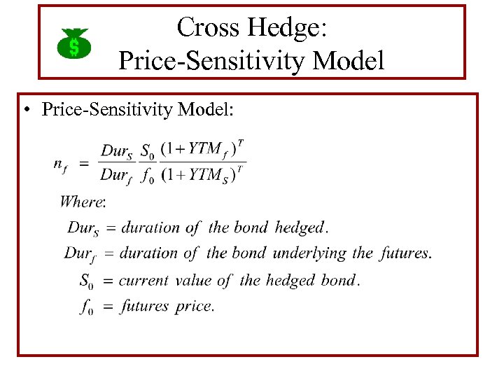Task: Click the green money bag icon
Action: click(x=73, y=43)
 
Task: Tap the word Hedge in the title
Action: click(x=284, y=27)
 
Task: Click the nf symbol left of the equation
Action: click(x=61, y=164)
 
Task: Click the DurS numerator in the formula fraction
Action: click(x=117, y=151)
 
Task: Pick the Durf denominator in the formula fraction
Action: click(x=116, y=176)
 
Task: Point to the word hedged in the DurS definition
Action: click(x=300, y=227)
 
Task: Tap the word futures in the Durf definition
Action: click(x=404, y=253)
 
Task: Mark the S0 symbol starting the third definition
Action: click(x=86, y=281)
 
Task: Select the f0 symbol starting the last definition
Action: click(x=87, y=307)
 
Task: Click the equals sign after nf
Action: click(x=83, y=163)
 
